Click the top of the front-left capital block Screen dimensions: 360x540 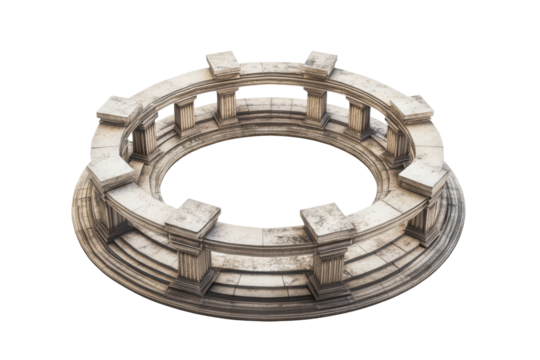pyautogui.click(x=192, y=213)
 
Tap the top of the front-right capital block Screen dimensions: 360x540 pyautogui.click(x=327, y=218)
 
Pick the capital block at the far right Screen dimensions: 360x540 pyautogui.click(x=423, y=177)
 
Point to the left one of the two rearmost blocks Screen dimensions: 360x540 pyautogui.click(x=222, y=62)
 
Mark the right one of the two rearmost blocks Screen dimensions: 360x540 pyautogui.click(x=320, y=62)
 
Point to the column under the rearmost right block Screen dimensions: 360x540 pyautogui.click(x=316, y=105)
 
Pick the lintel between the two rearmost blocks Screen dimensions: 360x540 pyautogui.click(x=271, y=67)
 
